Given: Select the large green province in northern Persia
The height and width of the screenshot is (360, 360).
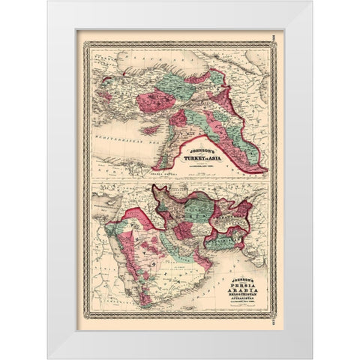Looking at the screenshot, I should [x=199, y=207].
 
